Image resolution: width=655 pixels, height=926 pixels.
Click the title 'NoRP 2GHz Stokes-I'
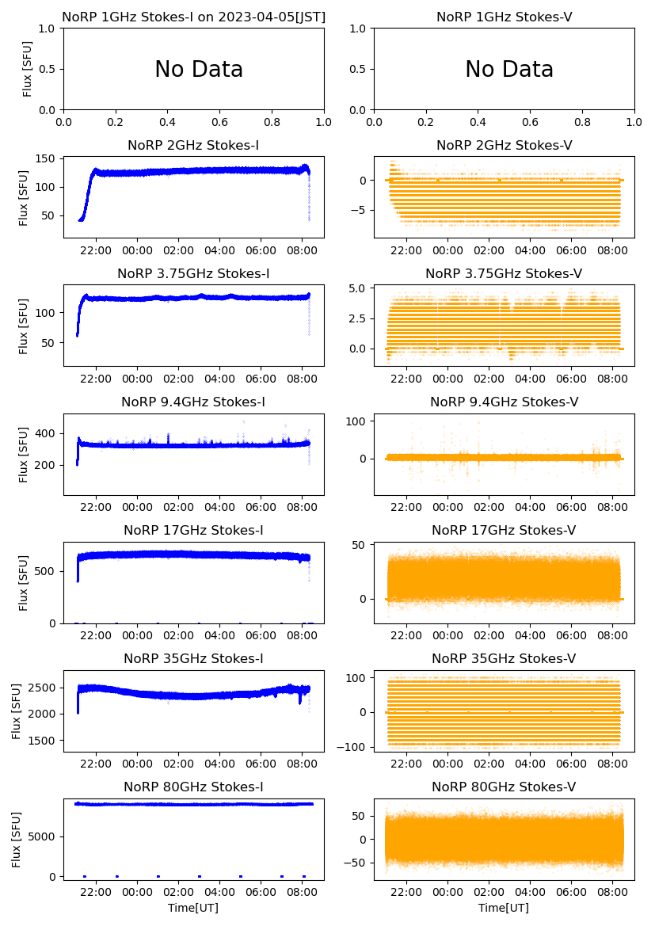point(193,145)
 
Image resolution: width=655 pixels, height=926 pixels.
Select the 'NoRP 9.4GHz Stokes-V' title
point(504,402)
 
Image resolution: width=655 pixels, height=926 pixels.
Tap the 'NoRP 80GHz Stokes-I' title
point(193,787)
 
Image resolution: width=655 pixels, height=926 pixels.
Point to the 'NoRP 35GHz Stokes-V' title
point(504,658)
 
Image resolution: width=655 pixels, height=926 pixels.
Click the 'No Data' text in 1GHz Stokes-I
point(199,70)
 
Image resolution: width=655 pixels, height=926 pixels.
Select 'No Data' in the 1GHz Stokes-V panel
point(509,70)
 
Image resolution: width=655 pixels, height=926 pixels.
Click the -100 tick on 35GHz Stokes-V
point(354,747)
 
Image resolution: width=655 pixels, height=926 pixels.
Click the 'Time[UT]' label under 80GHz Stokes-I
point(193,908)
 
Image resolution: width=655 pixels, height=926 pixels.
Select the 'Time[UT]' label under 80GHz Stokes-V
point(504,908)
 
